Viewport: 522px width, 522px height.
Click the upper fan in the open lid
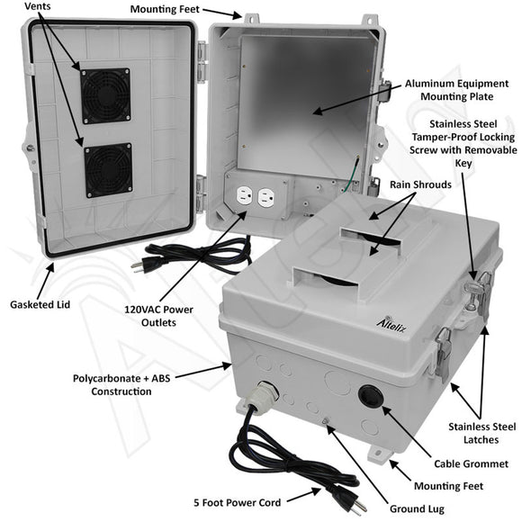(x=106, y=95)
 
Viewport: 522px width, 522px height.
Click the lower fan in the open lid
(x=108, y=170)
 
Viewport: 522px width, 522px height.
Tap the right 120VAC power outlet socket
(x=265, y=198)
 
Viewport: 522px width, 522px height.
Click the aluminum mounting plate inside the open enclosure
(x=306, y=99)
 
